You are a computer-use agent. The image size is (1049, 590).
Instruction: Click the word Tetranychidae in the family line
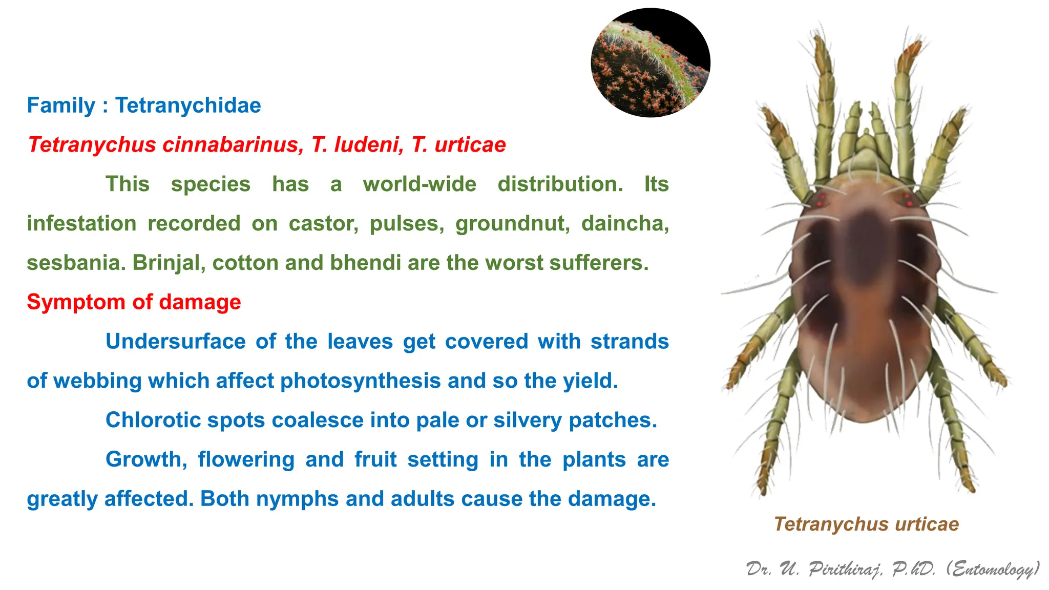[x=188, y=106]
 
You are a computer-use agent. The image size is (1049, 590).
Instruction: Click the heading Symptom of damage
[x=134, y=302]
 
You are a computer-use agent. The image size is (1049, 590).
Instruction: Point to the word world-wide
[x=419, y=184]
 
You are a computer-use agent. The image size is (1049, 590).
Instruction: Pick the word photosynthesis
[x=361, y=381]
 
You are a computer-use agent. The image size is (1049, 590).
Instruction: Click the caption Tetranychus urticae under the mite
[x=866, y=524]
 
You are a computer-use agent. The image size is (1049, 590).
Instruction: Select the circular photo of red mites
[x=651, y=63]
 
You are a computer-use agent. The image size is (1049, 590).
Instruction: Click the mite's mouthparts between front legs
[x=865, y=146]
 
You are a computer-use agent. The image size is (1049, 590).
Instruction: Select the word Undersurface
[x=175, y=342]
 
